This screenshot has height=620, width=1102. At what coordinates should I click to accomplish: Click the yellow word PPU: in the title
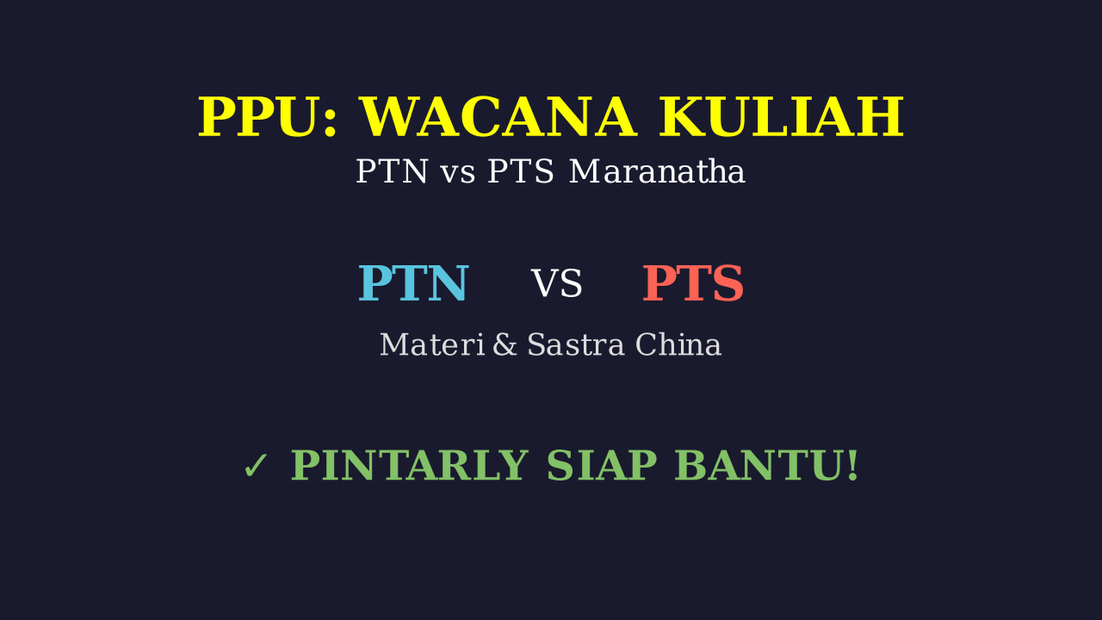[x=267, y=116]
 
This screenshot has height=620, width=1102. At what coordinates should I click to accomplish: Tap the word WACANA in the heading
[x=498, y=116]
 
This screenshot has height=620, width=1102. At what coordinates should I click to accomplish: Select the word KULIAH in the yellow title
[x=781, y=116]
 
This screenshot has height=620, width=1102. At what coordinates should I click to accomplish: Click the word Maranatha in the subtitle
[x=657, y=171]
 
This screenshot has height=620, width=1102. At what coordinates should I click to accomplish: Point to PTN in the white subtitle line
[x=392, y=171]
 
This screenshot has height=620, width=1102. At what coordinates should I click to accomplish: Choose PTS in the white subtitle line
[x=521, y=171]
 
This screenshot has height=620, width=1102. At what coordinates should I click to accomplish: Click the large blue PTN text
[x=412, y=283]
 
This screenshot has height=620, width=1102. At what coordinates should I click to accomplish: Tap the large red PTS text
[x=693, y=283]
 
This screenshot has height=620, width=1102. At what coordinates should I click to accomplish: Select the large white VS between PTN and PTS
[x=556, y=283]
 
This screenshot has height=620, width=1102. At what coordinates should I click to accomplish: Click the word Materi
[x=432, y=344]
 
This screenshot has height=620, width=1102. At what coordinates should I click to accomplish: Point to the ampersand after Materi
[x=505, y=344]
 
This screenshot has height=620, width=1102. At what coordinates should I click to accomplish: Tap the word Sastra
[x=576, y=344]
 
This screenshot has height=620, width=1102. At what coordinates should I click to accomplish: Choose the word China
[x=678, y=344]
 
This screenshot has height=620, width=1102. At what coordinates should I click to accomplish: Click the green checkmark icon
[x=256, y=466]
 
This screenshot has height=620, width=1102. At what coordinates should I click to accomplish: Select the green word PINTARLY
[x=409, y=465]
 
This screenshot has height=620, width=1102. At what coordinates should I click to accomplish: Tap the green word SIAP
[x=601, y=465]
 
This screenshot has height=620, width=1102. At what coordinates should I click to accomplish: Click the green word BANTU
[x=758, y=465]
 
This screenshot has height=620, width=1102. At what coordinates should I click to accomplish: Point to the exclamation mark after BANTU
[x=852, y=465]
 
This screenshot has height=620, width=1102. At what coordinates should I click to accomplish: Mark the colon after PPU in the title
[x=330, y=123]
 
